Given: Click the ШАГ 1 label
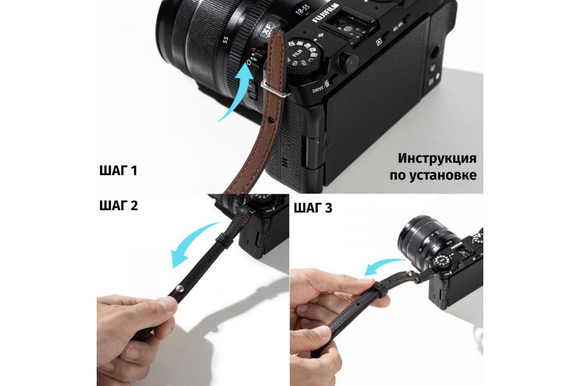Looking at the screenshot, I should (118, 171).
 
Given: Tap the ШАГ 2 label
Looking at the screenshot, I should (119, 206).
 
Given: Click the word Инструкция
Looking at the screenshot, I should (437, 158).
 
